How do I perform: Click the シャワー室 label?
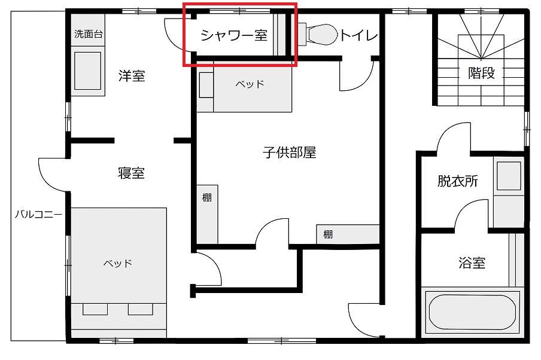[x=234, y=35]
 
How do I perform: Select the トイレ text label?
[x=359, y=35]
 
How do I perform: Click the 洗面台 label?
[x=89, y=34]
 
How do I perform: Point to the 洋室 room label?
[x=132, y=75]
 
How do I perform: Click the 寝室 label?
[x=131, y=173]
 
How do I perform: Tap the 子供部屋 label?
[x=290, y=152]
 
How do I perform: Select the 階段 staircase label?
[x=481, y=73]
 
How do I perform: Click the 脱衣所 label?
[x=458, y=181]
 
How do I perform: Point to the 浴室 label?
[x=472, y=263]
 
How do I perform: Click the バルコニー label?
[x=38, y=215]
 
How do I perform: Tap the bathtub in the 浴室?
[x=472, y=312]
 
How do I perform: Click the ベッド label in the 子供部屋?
[x=250, y=84]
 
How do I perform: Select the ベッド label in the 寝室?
[x=118, y=264]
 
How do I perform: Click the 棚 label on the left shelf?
[x=206, y=197]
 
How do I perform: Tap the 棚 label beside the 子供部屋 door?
[x=328, y=234]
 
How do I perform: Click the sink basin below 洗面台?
[x=87, y=71]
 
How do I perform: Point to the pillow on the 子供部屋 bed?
[x=206, y=85]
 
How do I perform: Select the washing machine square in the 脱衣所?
[x=509, y=176]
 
